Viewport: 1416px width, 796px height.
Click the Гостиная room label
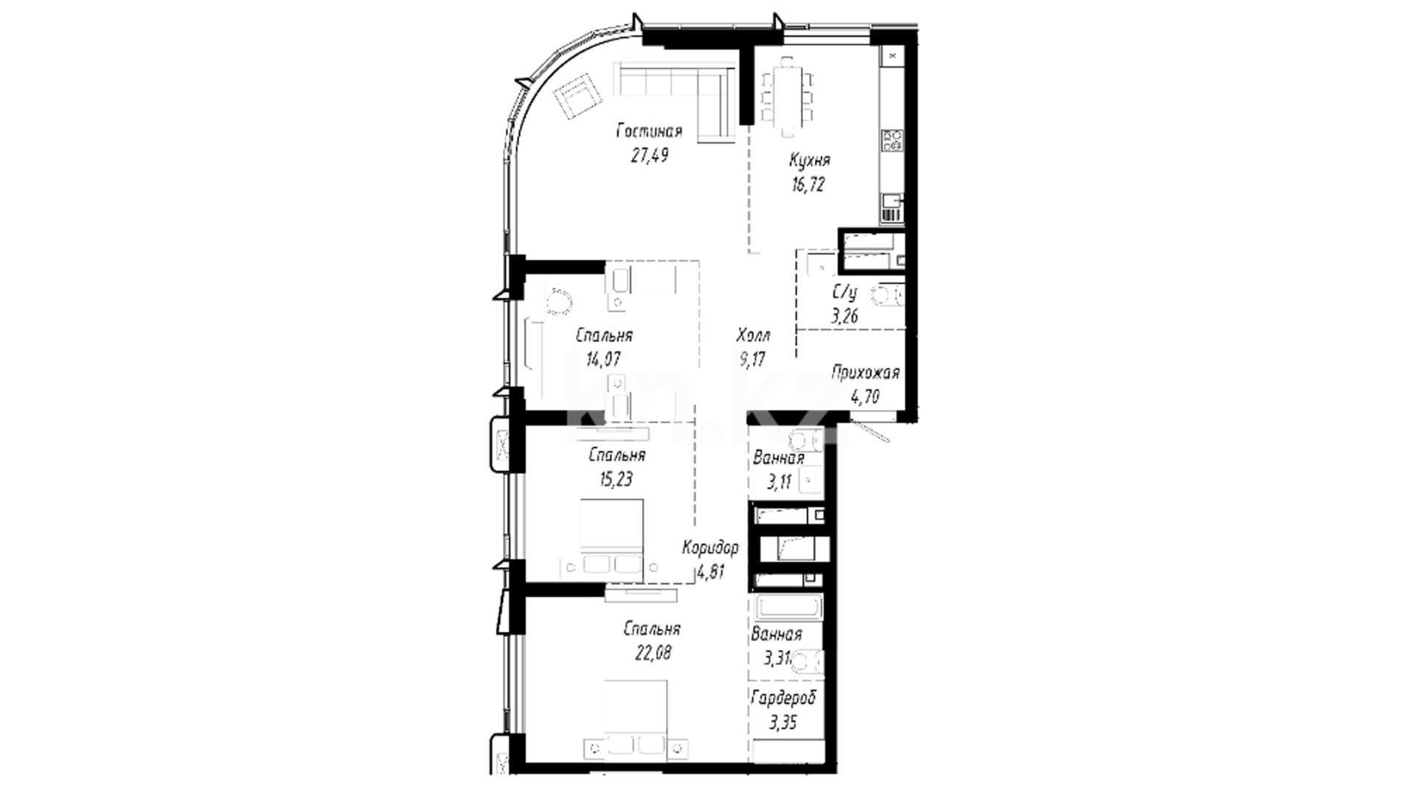(x=649, y=131)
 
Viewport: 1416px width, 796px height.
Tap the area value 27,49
(x=650, y=156)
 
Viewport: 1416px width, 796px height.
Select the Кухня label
(x=810, y=160)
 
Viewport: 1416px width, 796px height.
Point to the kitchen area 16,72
(x=808, y=184)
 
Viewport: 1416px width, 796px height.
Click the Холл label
(x=753, y=336)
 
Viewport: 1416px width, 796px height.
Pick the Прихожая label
(x=866, y=373)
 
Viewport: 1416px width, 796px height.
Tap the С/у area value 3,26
(x=844, y=317)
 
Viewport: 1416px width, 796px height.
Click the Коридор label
(x=710, y=548)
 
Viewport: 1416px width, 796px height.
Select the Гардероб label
(x=783, y=698)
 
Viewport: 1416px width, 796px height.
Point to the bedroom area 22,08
(x=653, y=653)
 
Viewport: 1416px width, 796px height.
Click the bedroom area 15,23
(x=617, y=479)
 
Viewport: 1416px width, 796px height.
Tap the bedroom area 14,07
(x=603, y=360)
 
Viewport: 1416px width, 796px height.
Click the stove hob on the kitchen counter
(x=892, y=140)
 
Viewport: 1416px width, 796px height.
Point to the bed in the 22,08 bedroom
(x=636, y=719)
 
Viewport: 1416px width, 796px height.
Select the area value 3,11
(x=779, y=483)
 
